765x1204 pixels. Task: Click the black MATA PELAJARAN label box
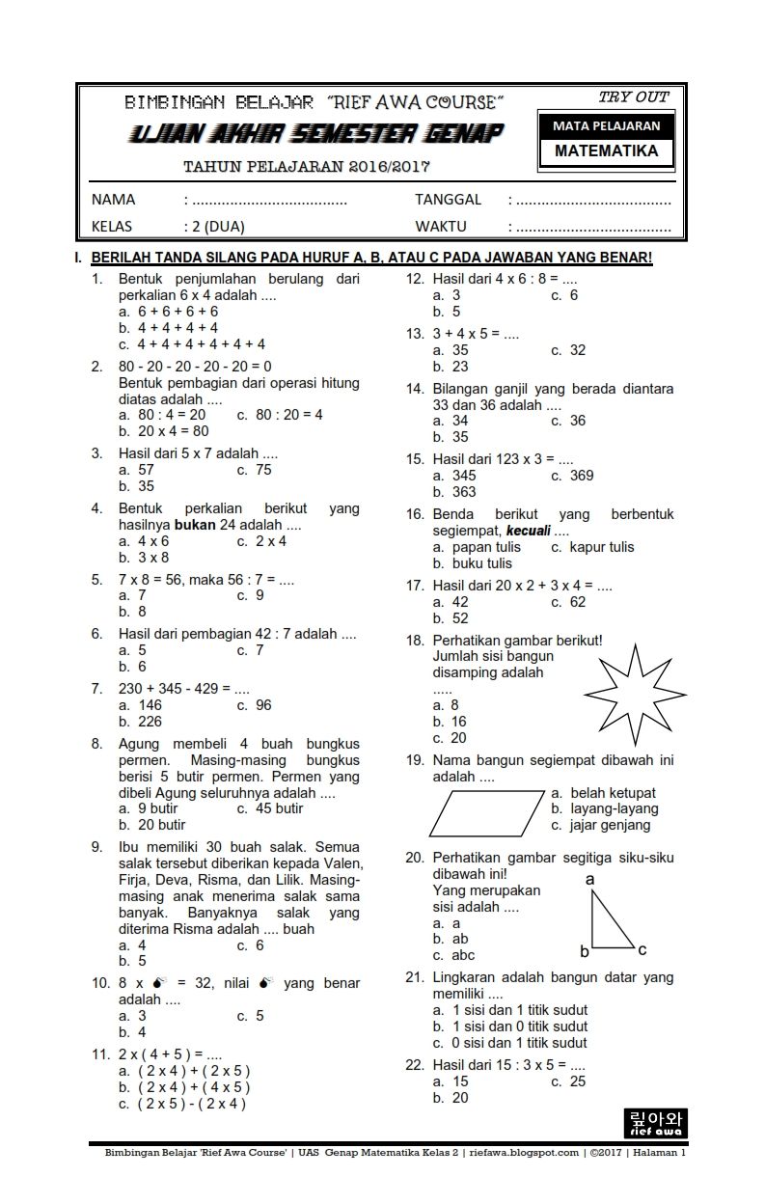pyautogui.click(x=606, y=125)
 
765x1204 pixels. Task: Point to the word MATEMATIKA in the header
pyautogui.click(x=606, y=151)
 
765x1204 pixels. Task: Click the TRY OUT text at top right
pyautogui.click(x=633, y=96)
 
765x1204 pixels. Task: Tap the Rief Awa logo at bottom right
pyautogui.click(x=655, y=1123)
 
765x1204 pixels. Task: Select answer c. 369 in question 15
pyautogui.click(x=572, y=475)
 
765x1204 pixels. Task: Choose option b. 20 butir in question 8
pyautogui.click(x=152, y=825)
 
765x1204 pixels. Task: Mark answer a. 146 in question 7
pyautogui.click(x=140, y=705)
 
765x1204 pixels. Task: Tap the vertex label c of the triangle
pyautogui.click(x=642, y=949)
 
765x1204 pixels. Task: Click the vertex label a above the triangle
pyautogui.click(x=589, y=880)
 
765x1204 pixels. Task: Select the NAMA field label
pyautogui.click(x=113, y=200)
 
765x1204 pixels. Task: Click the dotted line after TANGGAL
pyautogui.click(x=593, y=201)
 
